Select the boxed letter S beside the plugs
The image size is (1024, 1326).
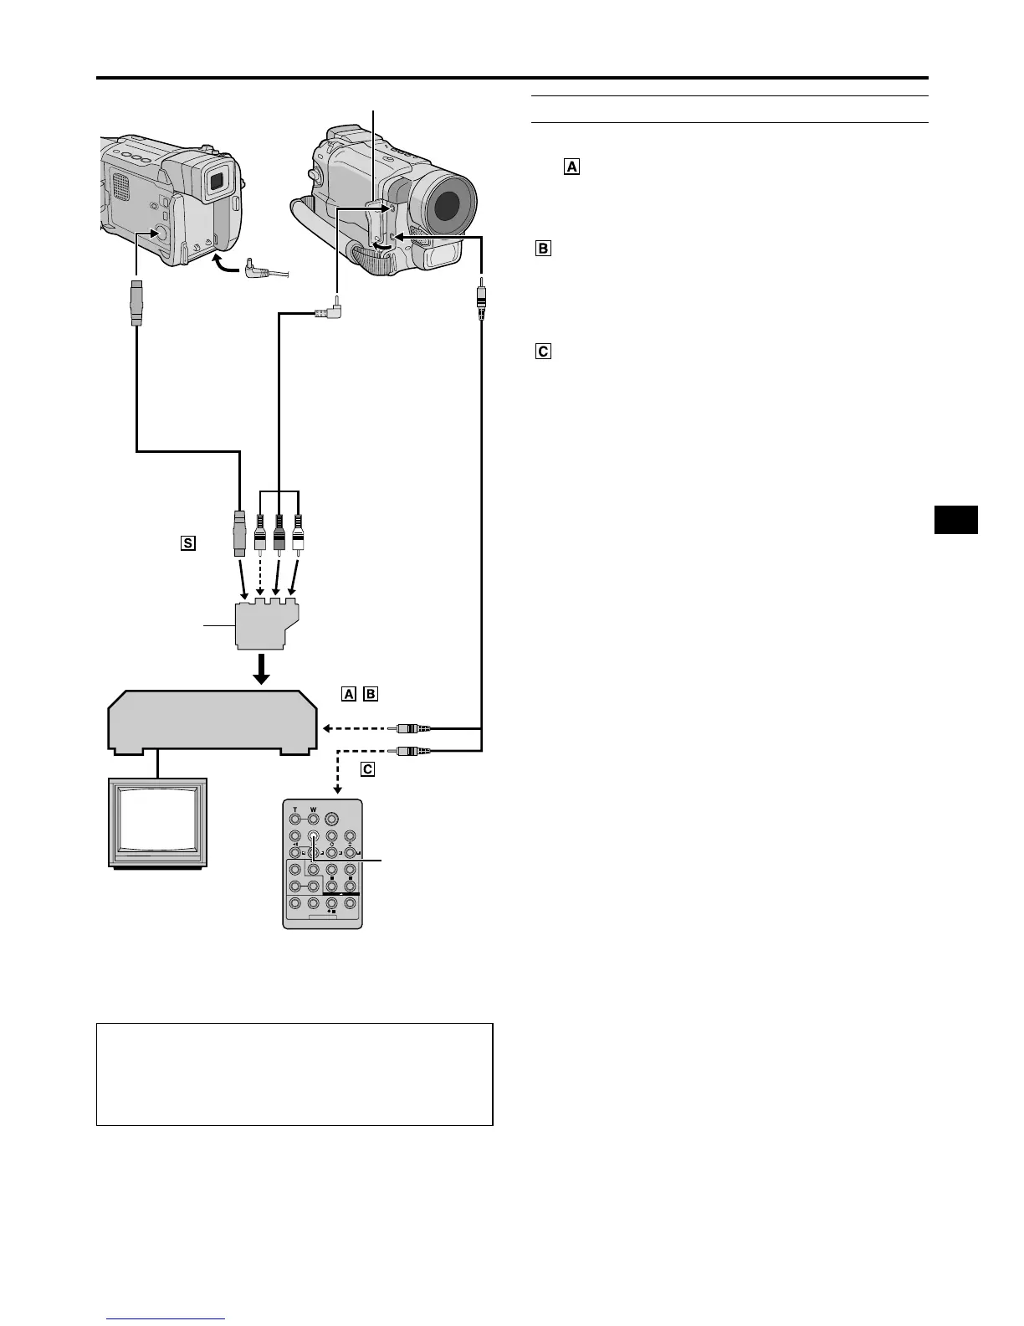point(187,543)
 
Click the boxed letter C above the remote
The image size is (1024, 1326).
point(367,768)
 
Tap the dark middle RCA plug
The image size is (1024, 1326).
point(279,532)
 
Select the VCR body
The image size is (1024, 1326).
point(212,721)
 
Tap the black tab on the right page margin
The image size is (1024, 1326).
point(955,519)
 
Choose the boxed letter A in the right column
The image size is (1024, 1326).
point(571,167)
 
